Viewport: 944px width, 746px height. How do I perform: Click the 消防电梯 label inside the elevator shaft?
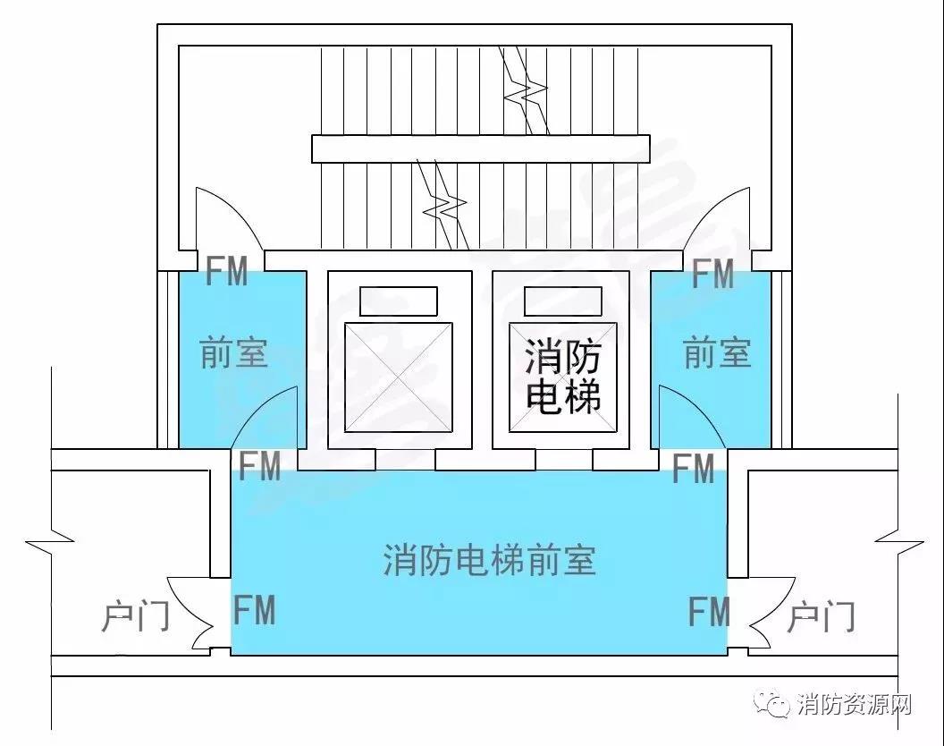(x=563, y=376)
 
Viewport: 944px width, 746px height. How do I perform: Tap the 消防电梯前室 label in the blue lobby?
(x=490, y=561)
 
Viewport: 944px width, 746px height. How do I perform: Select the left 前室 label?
(x=233, y=353)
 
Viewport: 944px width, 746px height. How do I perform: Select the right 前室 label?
(x=717, y=353)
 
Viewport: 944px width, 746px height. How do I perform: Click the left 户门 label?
(x=135, y=615)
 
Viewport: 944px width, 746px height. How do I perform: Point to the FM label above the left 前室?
(x=226, y=271)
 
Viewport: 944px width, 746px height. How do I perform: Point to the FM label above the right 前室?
(x=712, y=275)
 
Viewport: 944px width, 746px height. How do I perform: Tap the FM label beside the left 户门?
(x=254, y=610)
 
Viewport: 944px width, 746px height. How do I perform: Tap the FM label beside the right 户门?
(x=709, y=612)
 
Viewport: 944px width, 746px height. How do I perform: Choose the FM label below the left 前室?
(x=259, y=466)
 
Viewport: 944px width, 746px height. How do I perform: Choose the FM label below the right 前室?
(x=693, y=469)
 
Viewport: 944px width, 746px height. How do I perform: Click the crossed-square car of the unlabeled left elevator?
(x=398, y=377)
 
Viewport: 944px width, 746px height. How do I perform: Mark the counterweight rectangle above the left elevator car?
(x=399, y=301)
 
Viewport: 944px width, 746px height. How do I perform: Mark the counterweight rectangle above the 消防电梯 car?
(x=563, y=301)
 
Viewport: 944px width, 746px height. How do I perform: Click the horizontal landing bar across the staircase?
(x=480, y=148)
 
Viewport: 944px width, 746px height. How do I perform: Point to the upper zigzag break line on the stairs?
(x=525, y=90)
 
